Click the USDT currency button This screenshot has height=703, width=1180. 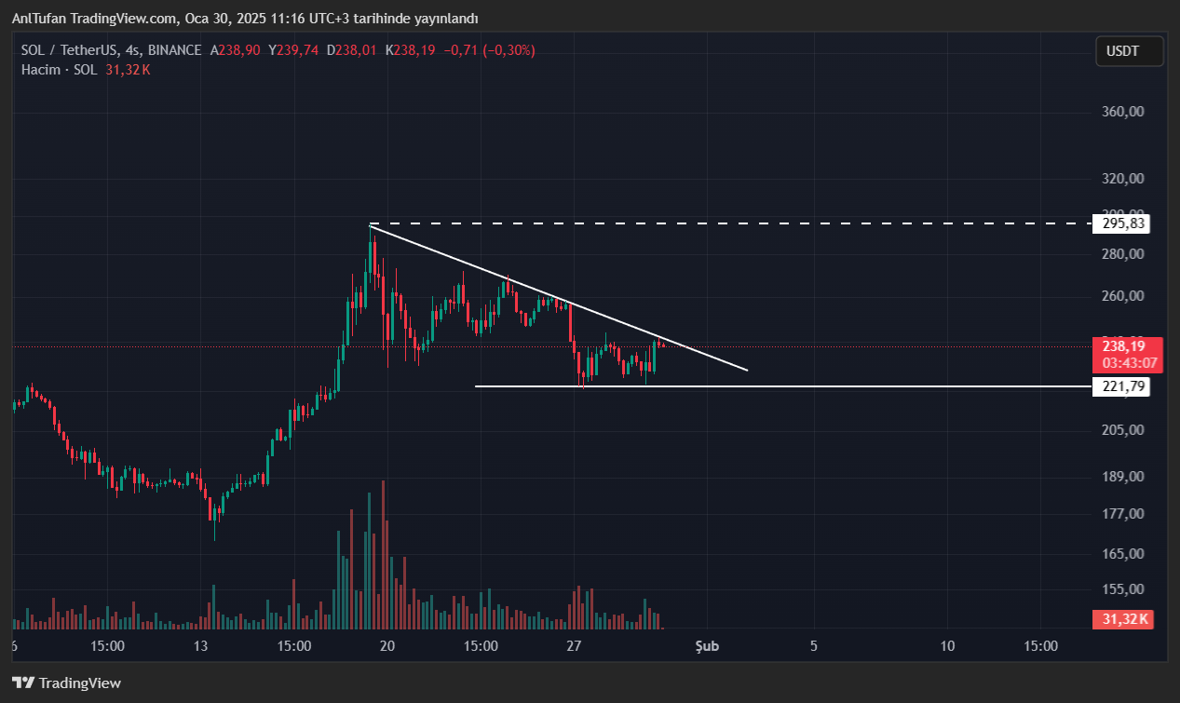pyautogui.click(x=1129, y=51)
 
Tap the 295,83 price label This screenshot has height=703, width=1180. pyautogui.click(x=1120, y=223)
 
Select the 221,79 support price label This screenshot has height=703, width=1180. pyautogui.click(x=1120, y=386)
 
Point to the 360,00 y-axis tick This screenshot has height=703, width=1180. pyautogui.click(x=1122, y=112)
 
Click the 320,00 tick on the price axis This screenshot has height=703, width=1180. pyautogui.click(x=1122, y=179)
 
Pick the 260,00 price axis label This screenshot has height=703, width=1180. pyautogui.click(x=1122, y=296)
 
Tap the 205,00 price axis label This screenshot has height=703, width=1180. pyautogui.click(x=1122, y=430)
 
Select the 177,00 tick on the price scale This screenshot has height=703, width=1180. pyautogui.click(x=1122, y=514)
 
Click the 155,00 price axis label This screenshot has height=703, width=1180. pyautogui.click(x=1122, y=589)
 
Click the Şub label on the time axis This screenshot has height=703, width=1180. pyautogui.click(x=707, y=645)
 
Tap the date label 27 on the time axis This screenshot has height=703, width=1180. pyautogui.click(x=574, y=645)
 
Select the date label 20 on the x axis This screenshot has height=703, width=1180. pyautogui.click(x=387, y=645)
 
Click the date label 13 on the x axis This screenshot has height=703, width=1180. pyautogui.click(x=200, y=645)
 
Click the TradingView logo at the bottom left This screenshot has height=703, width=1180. pyautogui.click(x=67, y=683)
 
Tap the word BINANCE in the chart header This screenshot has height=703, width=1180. pyautogui.click(x=173, y=50)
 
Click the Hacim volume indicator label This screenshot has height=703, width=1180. pyautogui.click(x=41, y=70)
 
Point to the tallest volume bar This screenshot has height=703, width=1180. pyautogui.click(x=383, y=555)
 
